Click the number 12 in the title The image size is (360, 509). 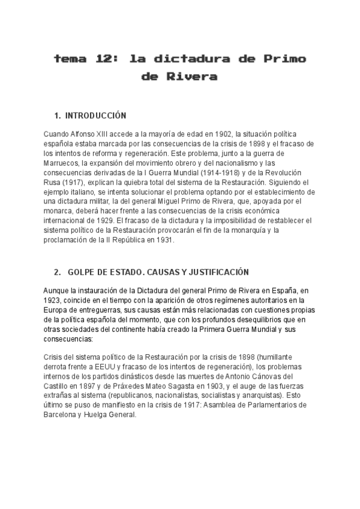pyautogui.click(x=102, y=59)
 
